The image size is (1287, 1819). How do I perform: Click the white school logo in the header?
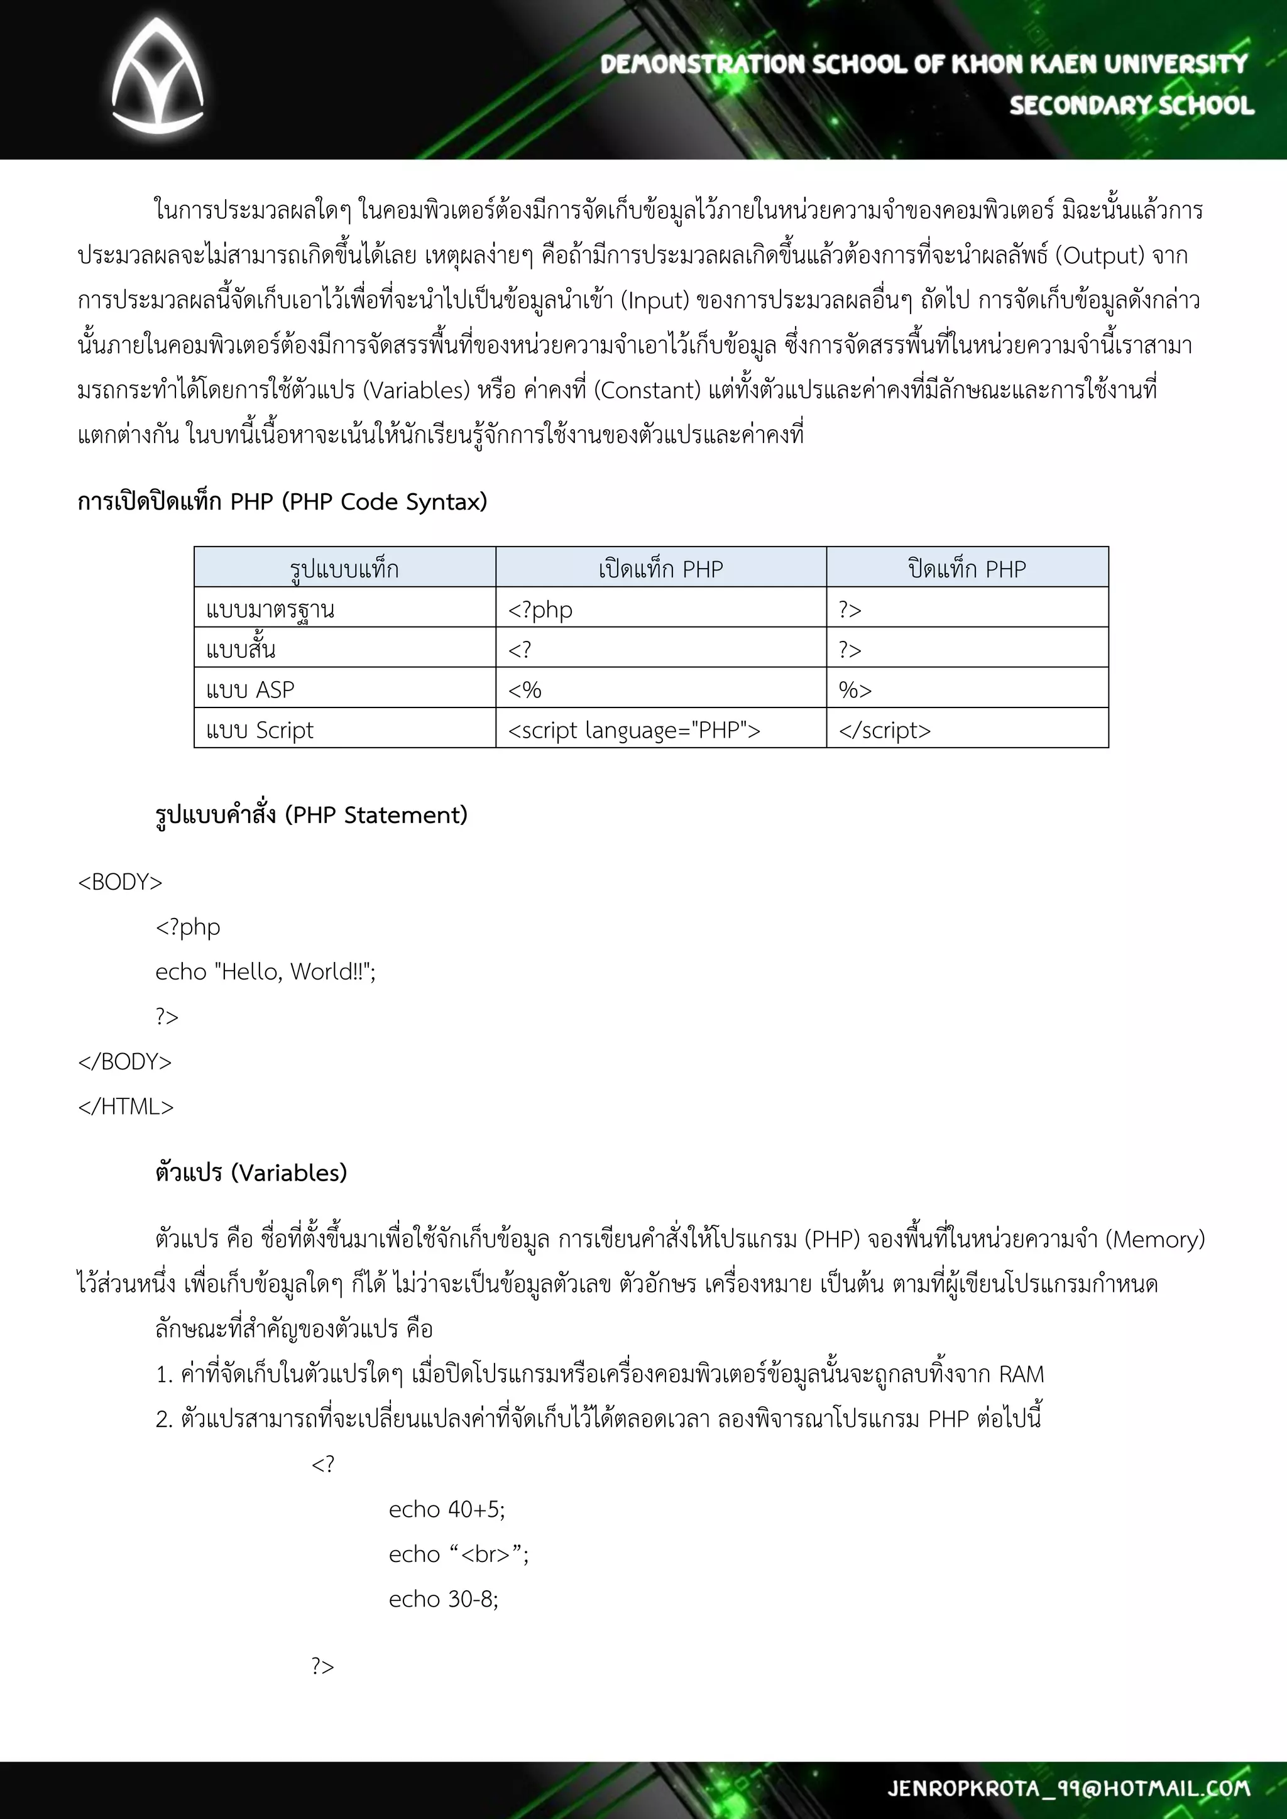(157, 77)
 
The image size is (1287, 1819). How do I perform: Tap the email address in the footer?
(1068, 1788)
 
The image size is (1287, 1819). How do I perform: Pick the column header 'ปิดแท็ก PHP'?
(967, 569)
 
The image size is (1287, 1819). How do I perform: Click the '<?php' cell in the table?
(540, 609)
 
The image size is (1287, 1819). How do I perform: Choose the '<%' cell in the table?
(525, 689)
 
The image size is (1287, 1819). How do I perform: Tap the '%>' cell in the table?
(855, 689)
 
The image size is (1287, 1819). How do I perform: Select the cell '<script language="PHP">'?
(634, 729)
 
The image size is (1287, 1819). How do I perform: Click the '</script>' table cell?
(884, 729)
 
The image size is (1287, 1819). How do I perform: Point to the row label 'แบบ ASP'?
(251, 689)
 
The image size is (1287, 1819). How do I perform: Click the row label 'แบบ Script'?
(260, 729)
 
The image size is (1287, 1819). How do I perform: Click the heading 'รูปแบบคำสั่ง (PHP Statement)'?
(312, 814)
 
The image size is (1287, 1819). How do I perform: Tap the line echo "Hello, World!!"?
(265, 971)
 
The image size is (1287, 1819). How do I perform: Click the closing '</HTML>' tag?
(125, 1106)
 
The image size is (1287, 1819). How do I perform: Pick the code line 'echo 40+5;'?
(447, 1509)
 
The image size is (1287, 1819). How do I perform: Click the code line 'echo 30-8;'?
(444, 1598)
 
